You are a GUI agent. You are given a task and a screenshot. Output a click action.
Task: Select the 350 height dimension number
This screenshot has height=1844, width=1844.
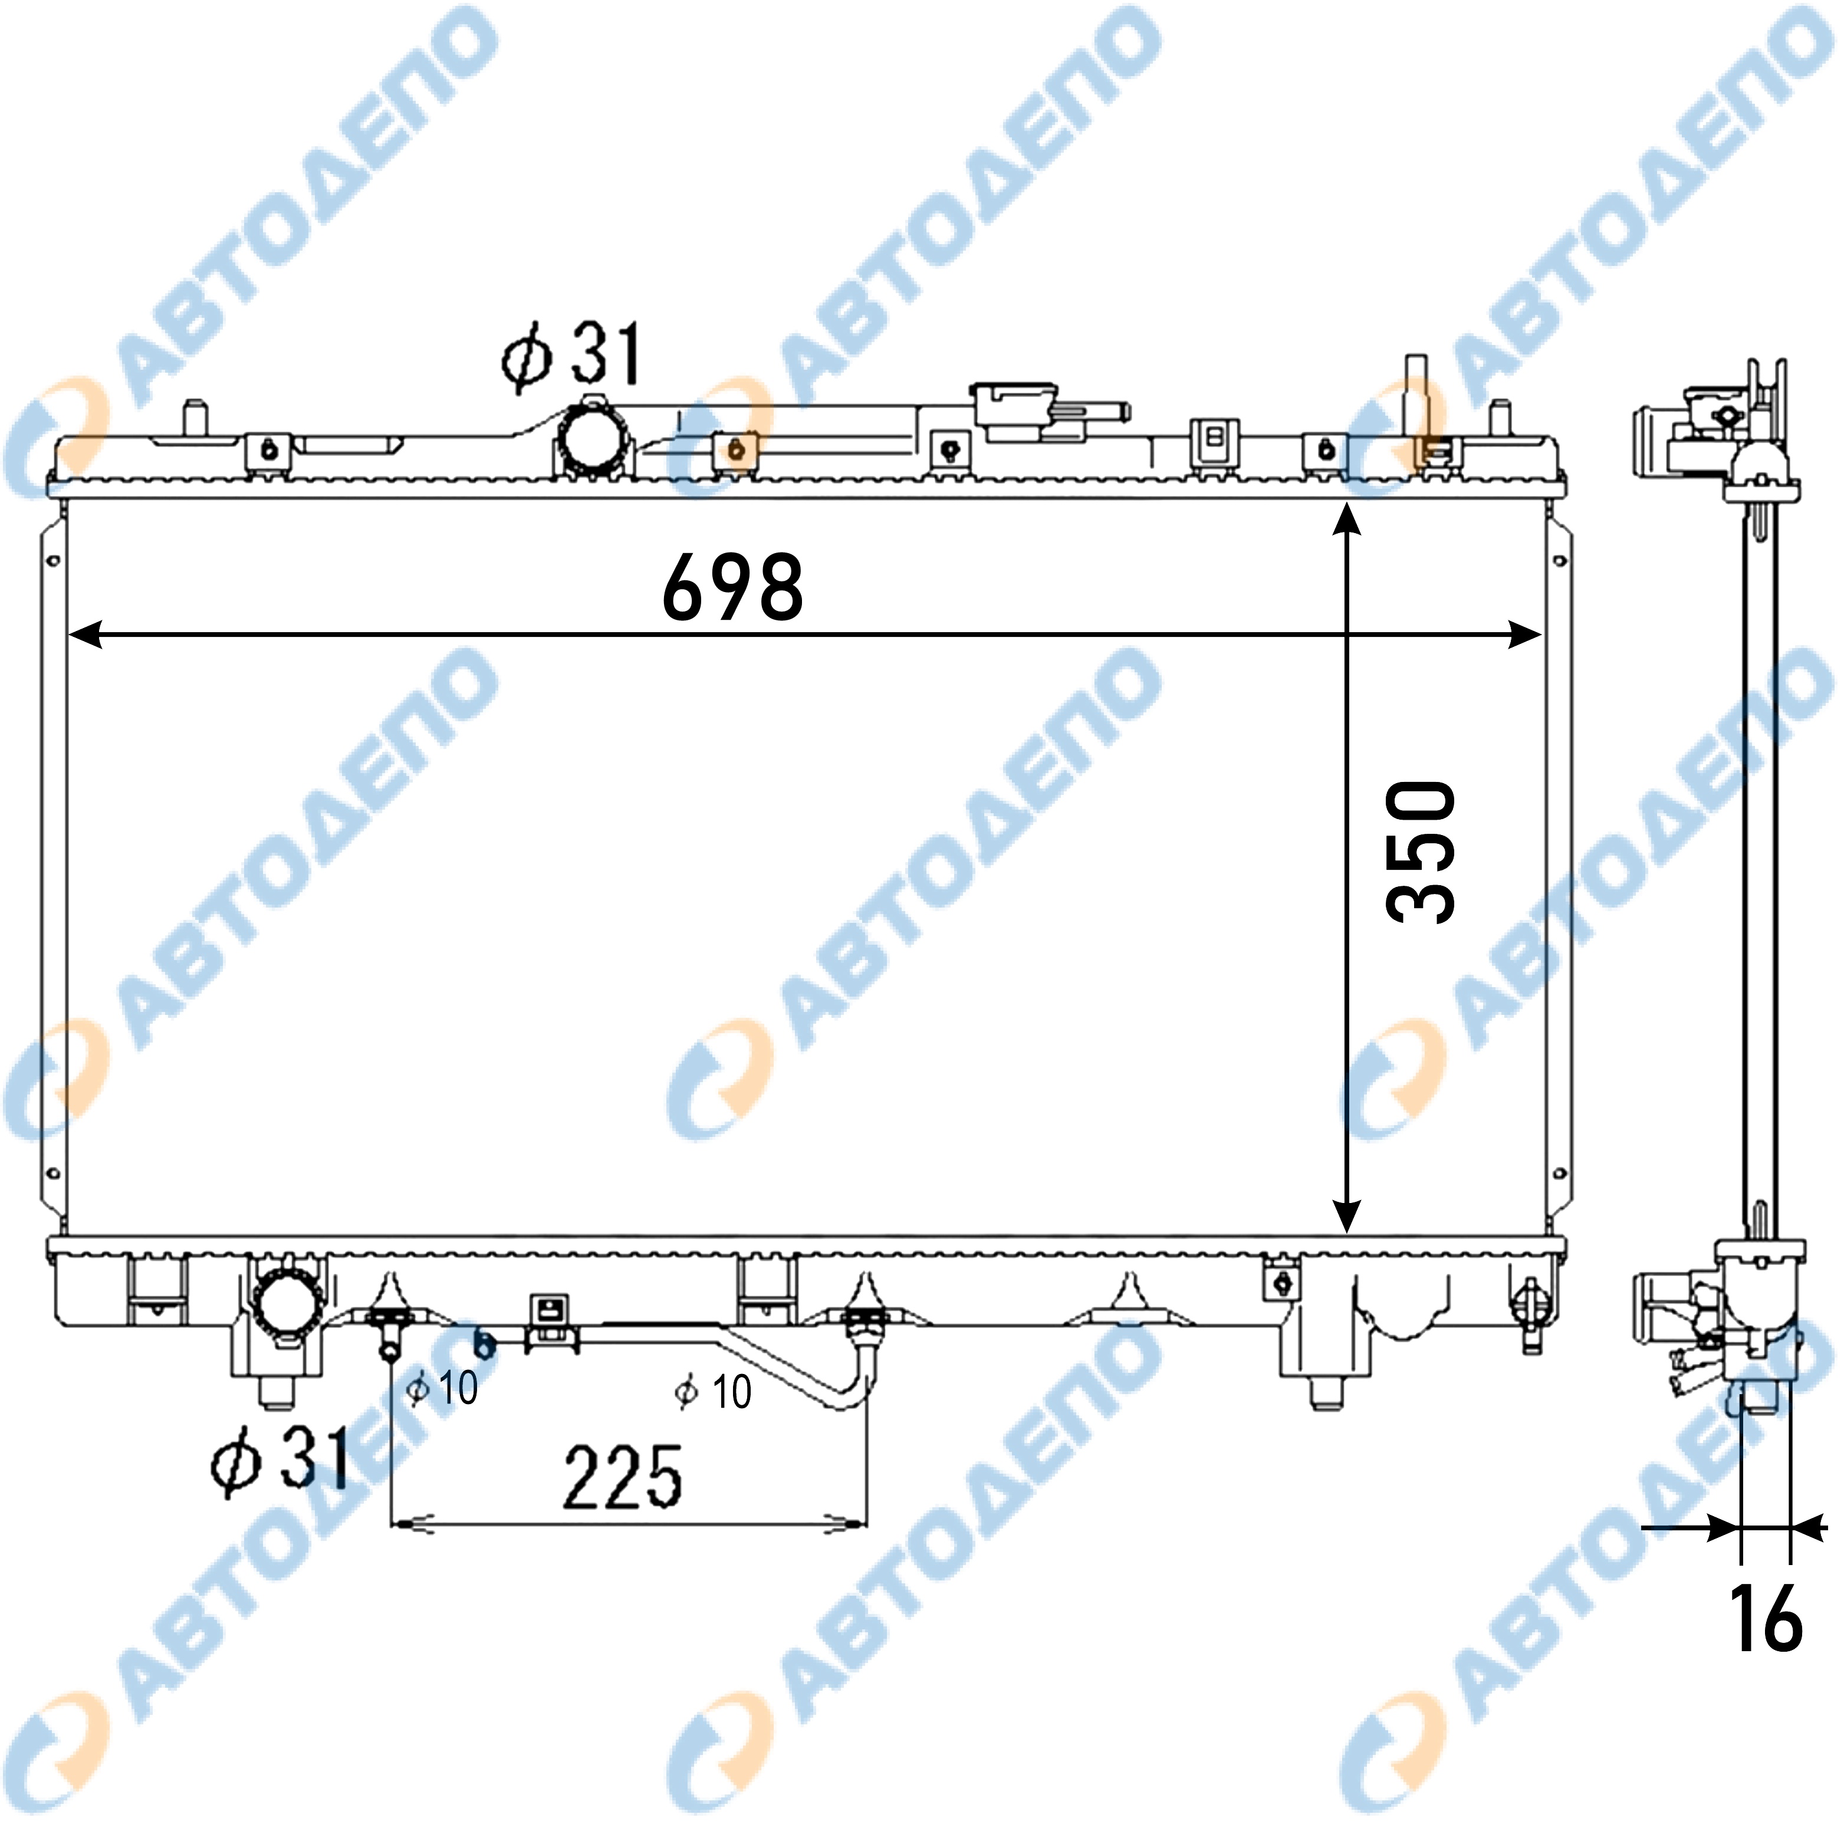(x=1421, y=852)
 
